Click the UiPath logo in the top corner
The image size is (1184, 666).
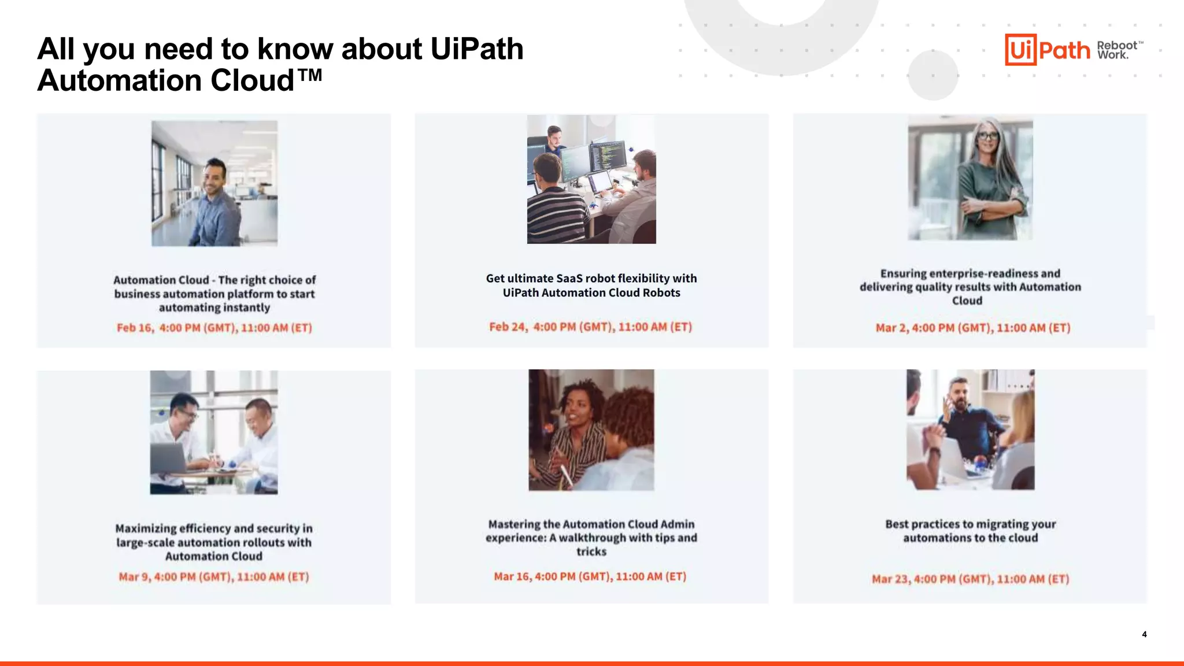tap(1048, 49)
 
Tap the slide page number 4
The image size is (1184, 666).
tap(1144, 634)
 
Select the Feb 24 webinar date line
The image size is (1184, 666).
tap(590, 327)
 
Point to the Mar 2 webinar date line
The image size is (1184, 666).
tap(973, 328)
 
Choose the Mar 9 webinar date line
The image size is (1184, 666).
tap(214, 576)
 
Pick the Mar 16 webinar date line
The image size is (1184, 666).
tap(590, 576)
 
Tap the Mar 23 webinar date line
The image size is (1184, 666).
tap(971, 579)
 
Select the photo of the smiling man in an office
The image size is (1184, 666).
tap(214, 183)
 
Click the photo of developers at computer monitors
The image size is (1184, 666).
tap(591, 179)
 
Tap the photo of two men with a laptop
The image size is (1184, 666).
tap(214, 432)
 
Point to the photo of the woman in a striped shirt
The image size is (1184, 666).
tap(591, 430)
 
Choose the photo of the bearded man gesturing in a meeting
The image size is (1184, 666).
tap(971, 430)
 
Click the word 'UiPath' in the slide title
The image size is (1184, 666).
tap(477, 49)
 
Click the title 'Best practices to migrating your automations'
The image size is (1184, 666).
tap(971, 531)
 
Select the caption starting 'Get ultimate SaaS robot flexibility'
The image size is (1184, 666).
tap(591, 286)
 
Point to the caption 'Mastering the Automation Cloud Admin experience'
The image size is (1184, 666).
tap(591, 538)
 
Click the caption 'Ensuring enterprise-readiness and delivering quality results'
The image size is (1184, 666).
tap(970, 287)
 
